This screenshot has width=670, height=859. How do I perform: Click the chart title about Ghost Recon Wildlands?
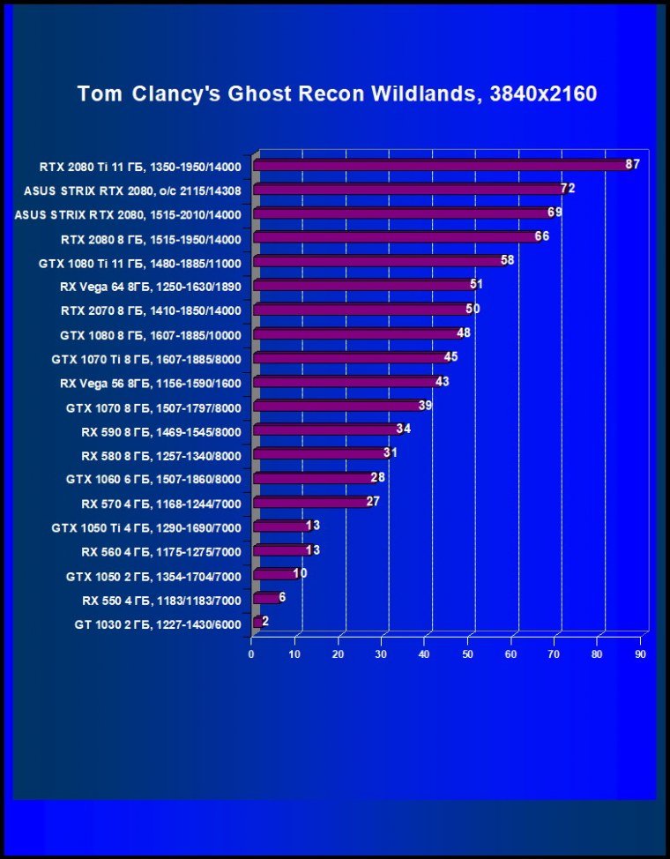pos(337,93)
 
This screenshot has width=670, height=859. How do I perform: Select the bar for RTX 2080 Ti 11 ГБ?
pos(441,165)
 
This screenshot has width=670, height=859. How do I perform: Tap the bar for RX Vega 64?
pos(363,285)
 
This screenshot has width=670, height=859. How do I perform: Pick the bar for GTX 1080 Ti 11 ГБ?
pos(379,261)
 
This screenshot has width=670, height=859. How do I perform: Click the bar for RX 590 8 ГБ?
pos(326,429)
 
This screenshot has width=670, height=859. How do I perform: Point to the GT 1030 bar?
pos(257,622)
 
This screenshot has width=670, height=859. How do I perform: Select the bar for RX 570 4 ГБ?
pos(311,502)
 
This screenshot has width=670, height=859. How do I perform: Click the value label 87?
pos(632,164)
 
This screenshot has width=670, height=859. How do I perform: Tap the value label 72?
pos(568,188)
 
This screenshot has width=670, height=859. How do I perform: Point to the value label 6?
pos(282,597)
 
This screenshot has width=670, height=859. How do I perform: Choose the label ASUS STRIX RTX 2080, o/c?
pos(133,190)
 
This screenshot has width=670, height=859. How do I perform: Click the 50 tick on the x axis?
pos(468,654)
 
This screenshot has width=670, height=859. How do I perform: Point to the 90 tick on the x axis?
pos(640,654)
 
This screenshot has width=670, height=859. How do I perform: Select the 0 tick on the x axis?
pos(251,654)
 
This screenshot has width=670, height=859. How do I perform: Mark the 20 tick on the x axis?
pos(338,654)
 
